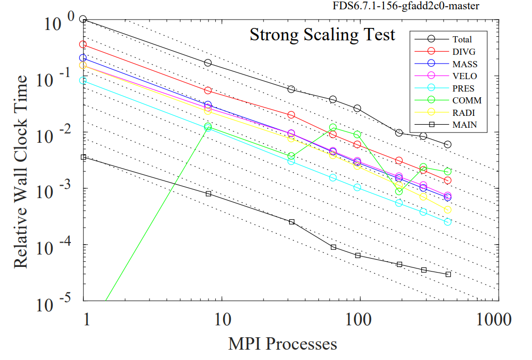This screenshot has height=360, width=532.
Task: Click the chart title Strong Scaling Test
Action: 322,35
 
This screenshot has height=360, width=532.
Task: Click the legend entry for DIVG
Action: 464,51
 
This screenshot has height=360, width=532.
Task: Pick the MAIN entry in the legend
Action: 464,125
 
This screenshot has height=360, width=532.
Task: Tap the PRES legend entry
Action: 463,88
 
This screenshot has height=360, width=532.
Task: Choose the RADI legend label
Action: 464,113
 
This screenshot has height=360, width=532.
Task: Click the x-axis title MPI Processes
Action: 283,343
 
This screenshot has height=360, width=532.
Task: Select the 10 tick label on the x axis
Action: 223,319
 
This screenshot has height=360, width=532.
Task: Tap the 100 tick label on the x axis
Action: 359,319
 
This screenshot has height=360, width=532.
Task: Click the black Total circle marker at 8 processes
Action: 208,63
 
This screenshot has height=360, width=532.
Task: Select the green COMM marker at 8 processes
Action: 208,127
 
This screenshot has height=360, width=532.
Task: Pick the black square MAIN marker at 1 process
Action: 83,157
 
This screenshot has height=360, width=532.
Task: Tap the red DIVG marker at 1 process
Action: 83,44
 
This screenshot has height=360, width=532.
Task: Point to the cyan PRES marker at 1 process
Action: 83,80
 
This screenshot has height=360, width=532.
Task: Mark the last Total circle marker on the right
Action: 448,144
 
